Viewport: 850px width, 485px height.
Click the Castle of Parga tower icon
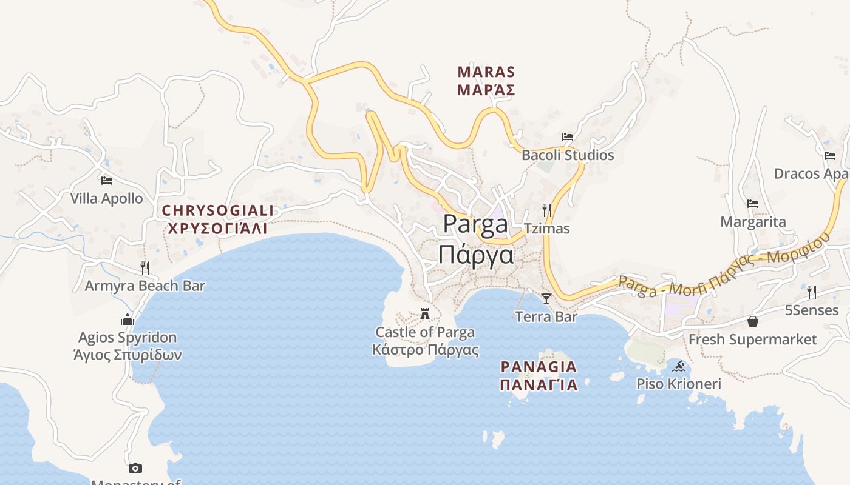425,314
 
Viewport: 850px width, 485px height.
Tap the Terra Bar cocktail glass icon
546,298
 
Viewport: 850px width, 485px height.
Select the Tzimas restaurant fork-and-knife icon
547,210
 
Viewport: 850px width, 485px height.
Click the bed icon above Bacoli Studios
568,137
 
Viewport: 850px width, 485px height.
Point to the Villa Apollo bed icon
107,181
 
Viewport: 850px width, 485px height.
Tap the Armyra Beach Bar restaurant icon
145,267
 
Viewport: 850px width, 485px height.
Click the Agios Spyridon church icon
127,319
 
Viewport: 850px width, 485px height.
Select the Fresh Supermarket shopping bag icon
753,321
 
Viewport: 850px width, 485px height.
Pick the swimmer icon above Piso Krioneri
679,366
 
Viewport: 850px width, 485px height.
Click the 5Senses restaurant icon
812,292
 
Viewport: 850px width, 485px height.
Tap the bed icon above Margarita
753,204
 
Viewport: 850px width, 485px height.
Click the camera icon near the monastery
135,468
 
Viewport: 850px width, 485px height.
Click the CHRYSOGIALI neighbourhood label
218,211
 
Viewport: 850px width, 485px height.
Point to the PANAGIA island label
539,367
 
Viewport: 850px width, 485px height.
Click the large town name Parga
475,224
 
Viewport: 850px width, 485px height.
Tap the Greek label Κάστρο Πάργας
425,350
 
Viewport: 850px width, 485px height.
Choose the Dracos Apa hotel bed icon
830,156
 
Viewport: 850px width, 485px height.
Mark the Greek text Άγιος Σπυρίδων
127,355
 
